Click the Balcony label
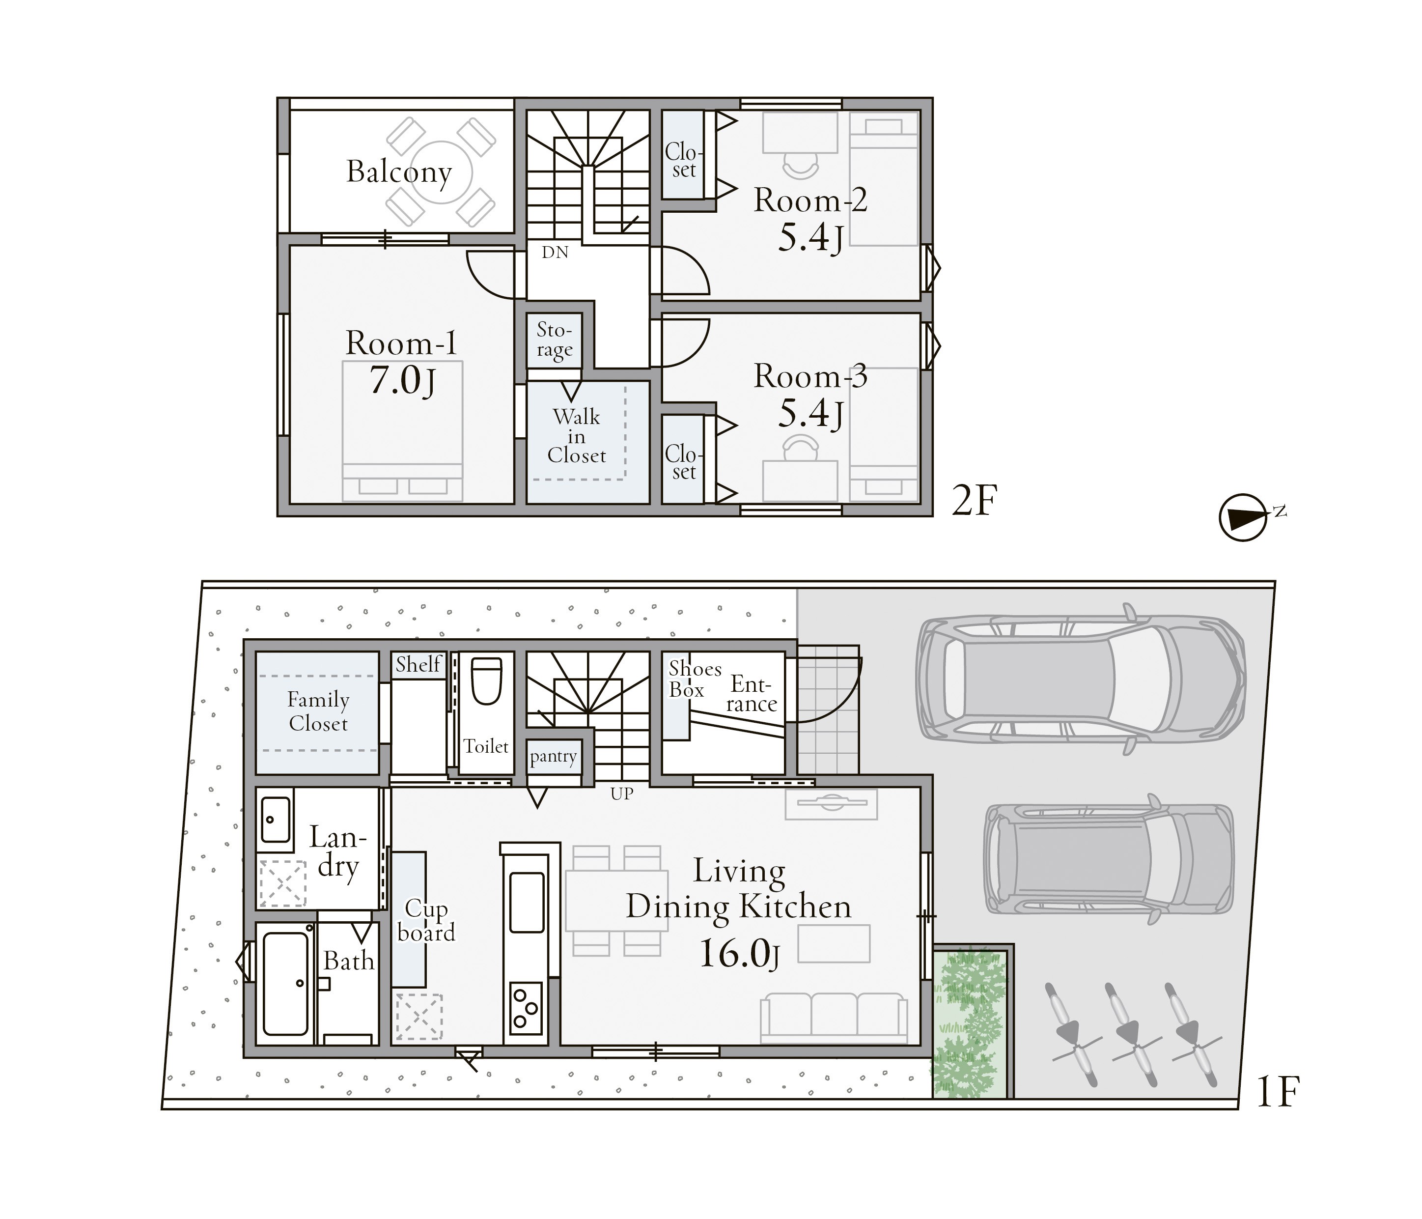(399, 171)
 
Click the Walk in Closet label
(577, 436)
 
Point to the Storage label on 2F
(554, 340)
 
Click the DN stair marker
(555, 253)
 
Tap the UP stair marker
(622, 794)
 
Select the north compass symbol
(1242, 517)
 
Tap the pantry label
(553, 757)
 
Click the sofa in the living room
(833, 1019)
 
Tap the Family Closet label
(318, 712)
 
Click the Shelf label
(418, 664)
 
